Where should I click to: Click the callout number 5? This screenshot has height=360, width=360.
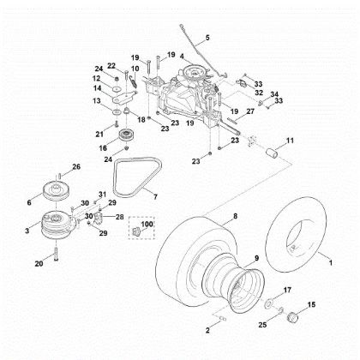click(x=207, y=39)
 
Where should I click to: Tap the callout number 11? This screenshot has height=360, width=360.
click(x=290, y=140)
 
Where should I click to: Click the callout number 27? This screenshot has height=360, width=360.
click(x=250, y=111)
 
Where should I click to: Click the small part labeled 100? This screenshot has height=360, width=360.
click(x=135, y=232)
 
